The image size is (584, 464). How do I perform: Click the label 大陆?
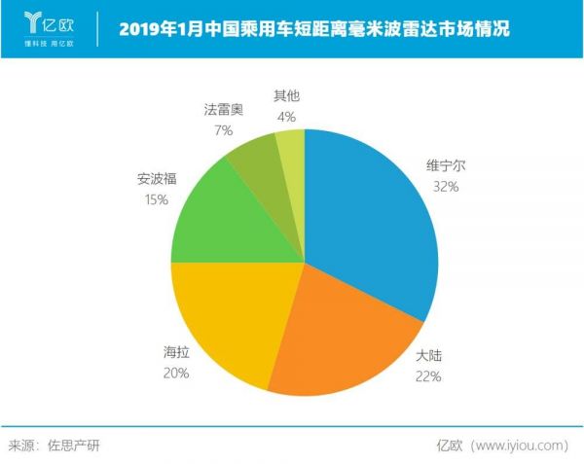(x=429, y=355)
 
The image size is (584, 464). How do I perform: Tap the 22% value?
(x=429, y=375)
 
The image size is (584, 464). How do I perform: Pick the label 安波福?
(x=156, y=179)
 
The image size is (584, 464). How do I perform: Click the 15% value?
(x=156, y=198)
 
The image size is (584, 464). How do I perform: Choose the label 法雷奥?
(x=223, y=110)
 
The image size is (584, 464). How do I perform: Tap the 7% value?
(x=223, y=129)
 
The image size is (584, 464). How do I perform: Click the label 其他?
(x=285, y=96)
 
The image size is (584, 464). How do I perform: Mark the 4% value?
(x=285, y=116)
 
